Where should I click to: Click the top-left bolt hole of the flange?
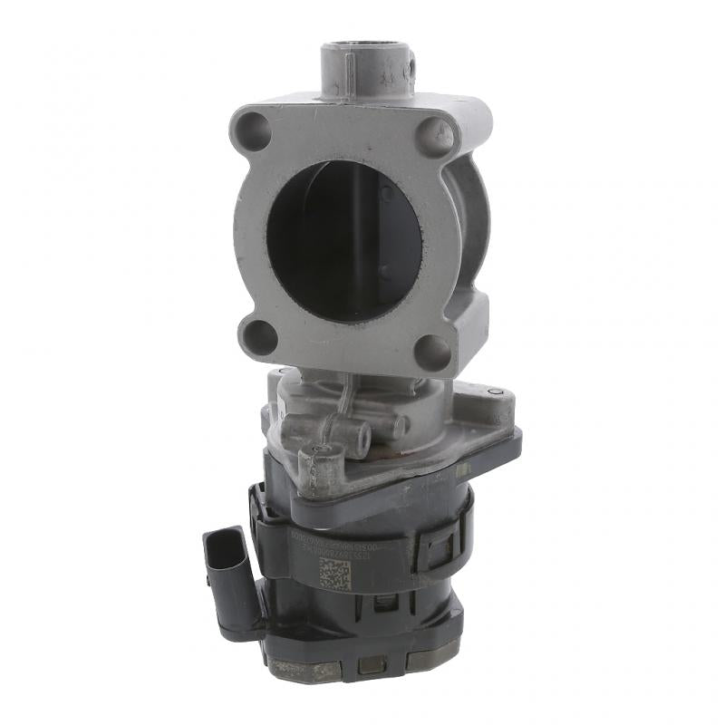256,133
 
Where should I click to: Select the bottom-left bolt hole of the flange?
260,336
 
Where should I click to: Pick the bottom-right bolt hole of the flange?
431,351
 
